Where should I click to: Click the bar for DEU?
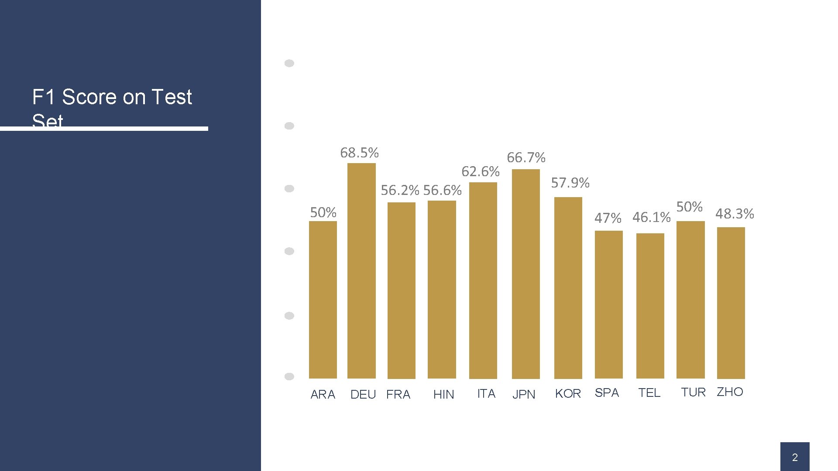click(361, 270)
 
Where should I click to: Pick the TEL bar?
click(650, 306)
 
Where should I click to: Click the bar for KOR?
click(568, 287)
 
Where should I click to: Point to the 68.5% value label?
click(359, 153)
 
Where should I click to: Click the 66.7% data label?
click(526, 157)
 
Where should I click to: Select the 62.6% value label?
click(481, 172)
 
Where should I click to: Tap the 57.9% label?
click(570, 183)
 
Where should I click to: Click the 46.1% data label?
click(651, 217)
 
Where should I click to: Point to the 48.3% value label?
click(735, 214)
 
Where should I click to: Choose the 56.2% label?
click(400, 190)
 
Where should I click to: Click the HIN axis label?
click(443, 394)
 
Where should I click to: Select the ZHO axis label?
click(730, 392)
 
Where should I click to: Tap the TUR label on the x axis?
click(693, 392)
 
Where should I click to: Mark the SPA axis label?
click(607, 393)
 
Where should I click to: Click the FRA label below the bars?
click(398, 394)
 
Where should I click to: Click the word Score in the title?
click(103, 97)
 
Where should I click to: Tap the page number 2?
click(795, 457)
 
